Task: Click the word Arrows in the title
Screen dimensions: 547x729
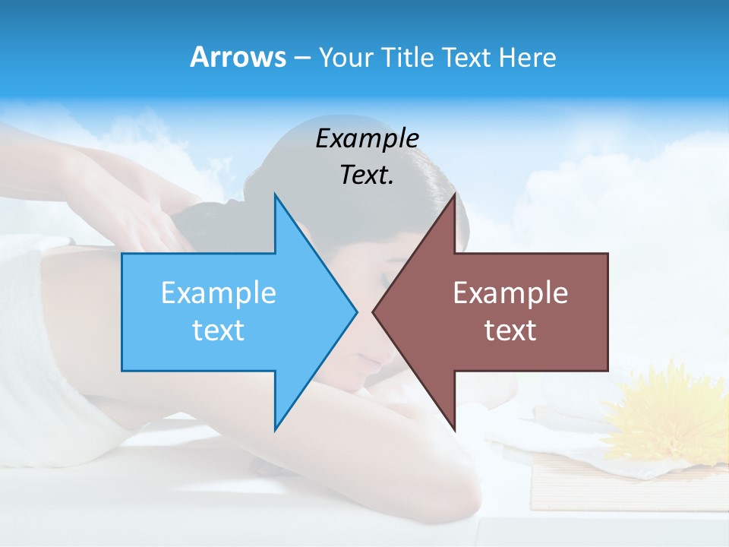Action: click(x=238, y=57)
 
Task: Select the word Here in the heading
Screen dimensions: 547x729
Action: click(x=527, y=57)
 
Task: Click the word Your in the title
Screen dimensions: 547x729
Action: click(x=346, y=57)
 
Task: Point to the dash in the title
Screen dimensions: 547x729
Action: click(x=301, y=58)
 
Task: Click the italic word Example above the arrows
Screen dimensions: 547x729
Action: click(x=367, y=138)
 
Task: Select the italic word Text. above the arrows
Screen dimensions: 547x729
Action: click(x=367, y=175)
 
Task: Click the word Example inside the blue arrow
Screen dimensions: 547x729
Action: click(x=219, y=292)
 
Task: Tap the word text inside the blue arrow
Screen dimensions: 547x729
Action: click(x=219, y=330)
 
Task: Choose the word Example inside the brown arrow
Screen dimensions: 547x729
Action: click(x=510, y=292)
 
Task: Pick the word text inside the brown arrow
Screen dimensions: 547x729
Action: click(x=510, y=330)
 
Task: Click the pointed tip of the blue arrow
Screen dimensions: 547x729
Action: click(x=355, y=311)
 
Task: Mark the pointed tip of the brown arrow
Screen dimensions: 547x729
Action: click(x=374, y=311)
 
